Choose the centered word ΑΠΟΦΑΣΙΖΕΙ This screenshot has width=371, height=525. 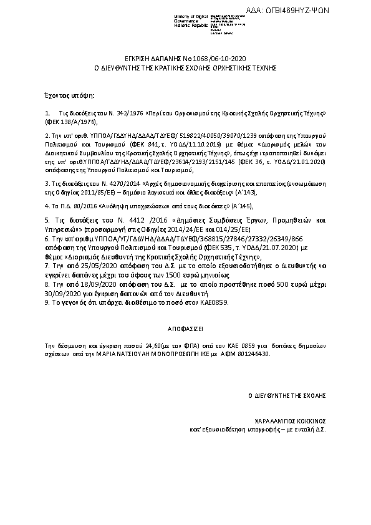point(185,327)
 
